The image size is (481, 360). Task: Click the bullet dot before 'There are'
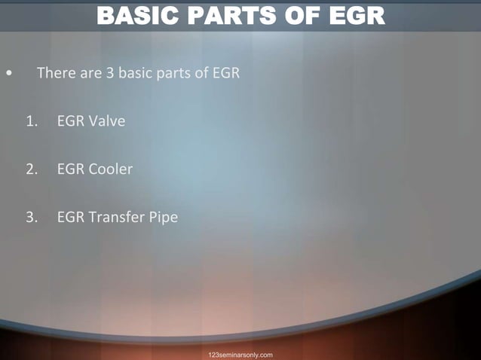pos(8,75)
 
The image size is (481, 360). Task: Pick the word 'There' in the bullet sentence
pos(54,74)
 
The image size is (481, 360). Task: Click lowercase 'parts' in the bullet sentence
pos(172,74)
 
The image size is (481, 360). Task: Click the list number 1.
pos(30,121)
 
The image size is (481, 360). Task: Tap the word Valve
pos(106,121)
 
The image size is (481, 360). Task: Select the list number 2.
pos(30,169)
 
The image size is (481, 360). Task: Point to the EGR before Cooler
pos(70,169)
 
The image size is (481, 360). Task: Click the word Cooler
pos(110,169)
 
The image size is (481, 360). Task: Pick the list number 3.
pos(30,218)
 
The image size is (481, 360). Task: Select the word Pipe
pos(164,218)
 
